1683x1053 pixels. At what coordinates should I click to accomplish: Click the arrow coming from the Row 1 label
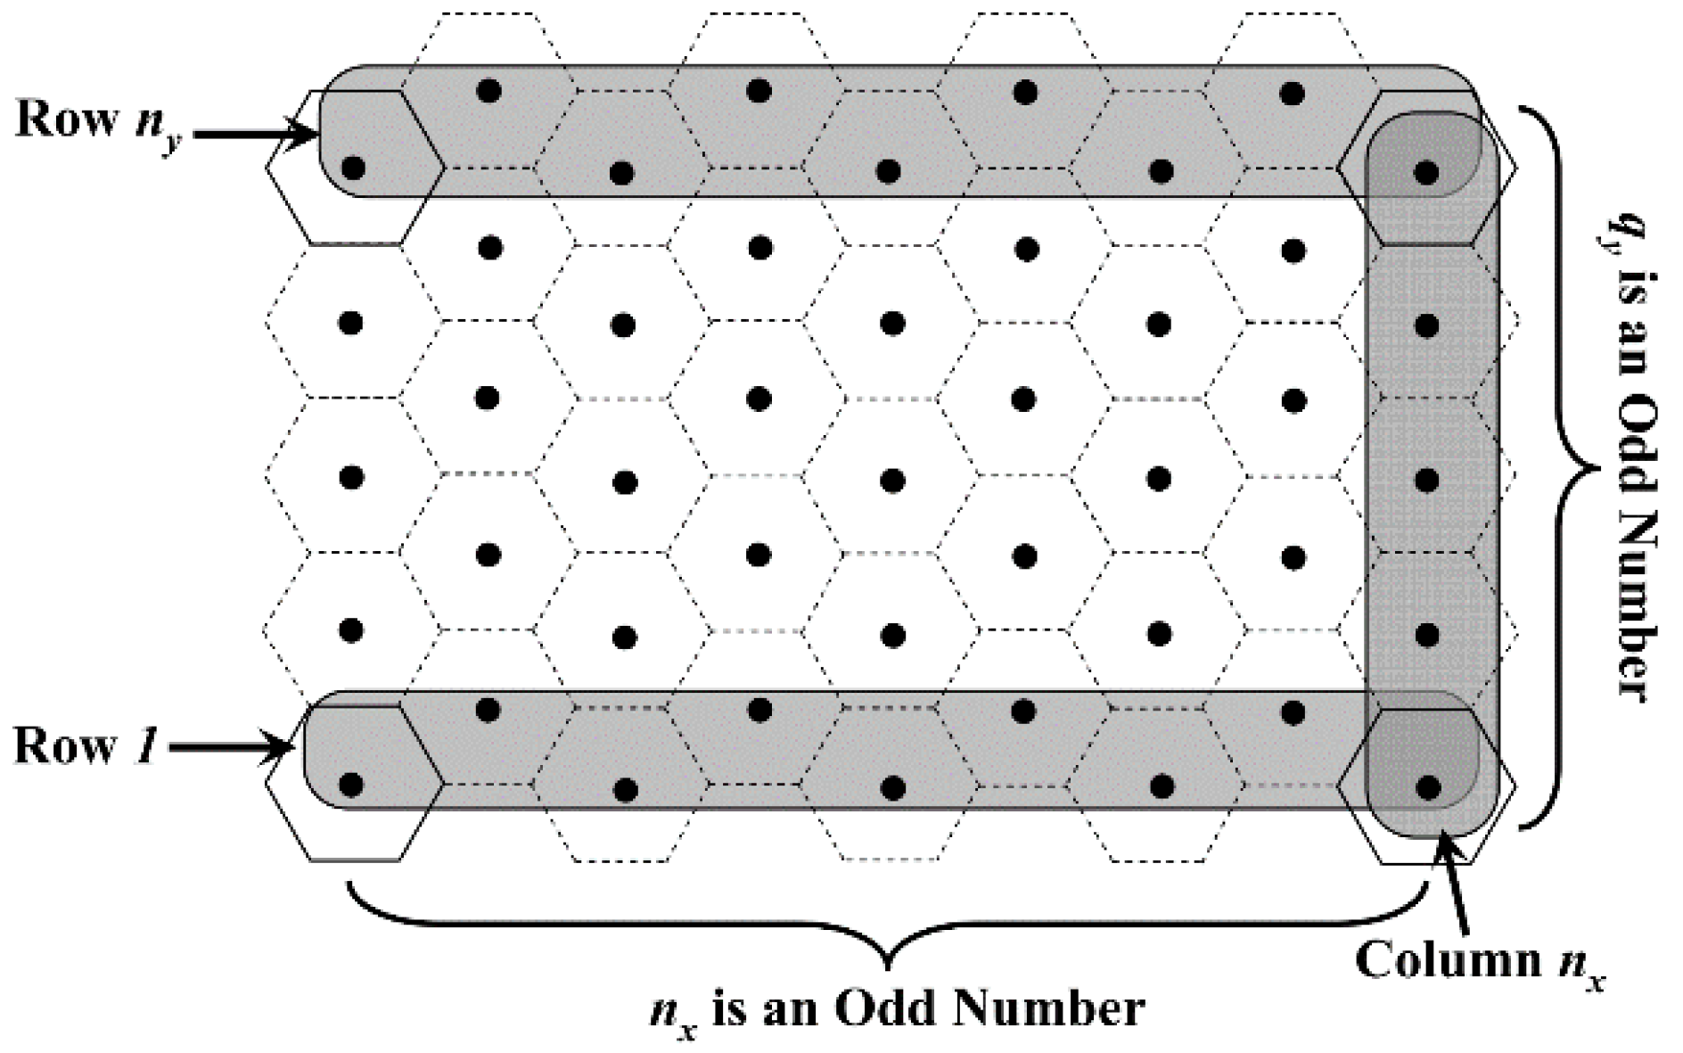pos(232,749)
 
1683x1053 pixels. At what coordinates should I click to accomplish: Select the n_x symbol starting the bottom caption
pos(674,1015)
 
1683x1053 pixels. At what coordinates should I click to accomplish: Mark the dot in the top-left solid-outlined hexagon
pos(353,168)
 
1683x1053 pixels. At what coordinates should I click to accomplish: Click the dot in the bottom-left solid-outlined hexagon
pos(352,785)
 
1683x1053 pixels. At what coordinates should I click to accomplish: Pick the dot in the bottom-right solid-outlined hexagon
pos(1428,786)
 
